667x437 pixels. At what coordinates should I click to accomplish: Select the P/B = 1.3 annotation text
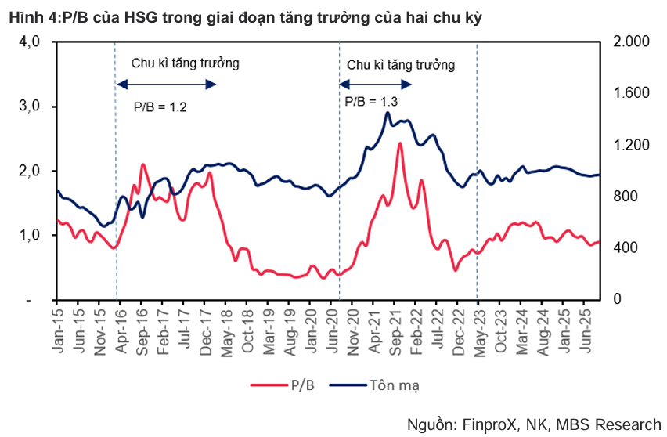click(x=371, y=102)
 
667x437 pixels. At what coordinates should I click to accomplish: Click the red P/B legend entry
click(x=286, y=384)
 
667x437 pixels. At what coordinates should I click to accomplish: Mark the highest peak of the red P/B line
click(x=399, y=143)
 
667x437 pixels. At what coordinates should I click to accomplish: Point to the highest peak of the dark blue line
click(x=388, y=113)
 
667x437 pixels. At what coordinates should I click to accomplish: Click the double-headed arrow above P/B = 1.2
click(x=166, y=85)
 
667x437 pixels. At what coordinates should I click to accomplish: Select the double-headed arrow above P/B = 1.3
click(x=374, y=85)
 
